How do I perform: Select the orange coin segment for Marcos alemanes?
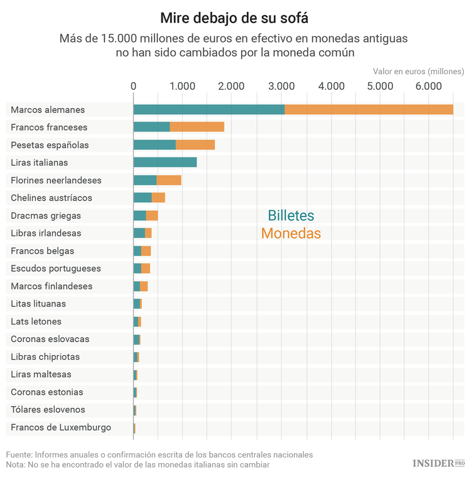(369, 109)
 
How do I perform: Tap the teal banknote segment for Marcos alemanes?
(208, 109)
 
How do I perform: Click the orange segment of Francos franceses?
(197, 127)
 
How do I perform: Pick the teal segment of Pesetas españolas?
(154, 144)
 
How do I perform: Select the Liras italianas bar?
(165, 162)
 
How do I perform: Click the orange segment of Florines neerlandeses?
(169, 180)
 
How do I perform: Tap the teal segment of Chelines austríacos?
(143, 198)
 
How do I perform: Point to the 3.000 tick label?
(281, 86)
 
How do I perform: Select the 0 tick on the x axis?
(133, 86)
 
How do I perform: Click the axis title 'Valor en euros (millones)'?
(418, 71)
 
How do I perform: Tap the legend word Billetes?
(291, 216)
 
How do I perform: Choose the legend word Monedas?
(291, 233)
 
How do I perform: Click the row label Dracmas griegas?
(46, 215)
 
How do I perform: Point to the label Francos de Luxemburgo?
(61, 427)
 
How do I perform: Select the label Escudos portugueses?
(56, 268)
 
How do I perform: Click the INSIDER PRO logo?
(438, 463)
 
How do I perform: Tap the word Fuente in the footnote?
(19, 454)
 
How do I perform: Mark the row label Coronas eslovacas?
(50, 339)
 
